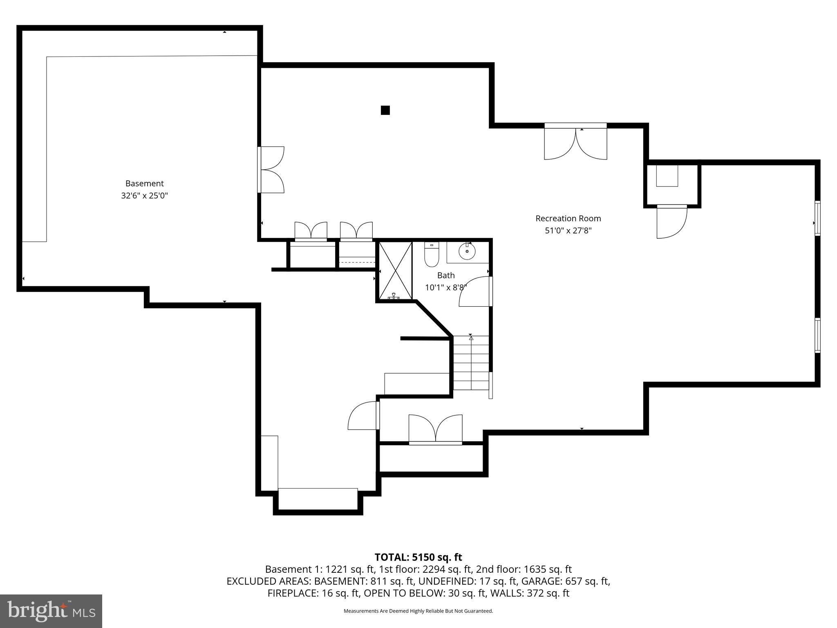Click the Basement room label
(144, 184)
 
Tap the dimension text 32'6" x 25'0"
(144, 196)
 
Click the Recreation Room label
(568, 218)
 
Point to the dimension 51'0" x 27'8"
(568, 231)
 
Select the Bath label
(445, 275)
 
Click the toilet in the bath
(432, 255)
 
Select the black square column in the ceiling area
(385, 110)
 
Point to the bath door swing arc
(474, 292)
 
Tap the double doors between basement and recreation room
(271, 170)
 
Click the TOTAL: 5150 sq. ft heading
(418, 557)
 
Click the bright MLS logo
(51, 611)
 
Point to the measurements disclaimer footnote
(418, 611)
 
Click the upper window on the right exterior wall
(817, 218)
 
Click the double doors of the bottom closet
(436, 429)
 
